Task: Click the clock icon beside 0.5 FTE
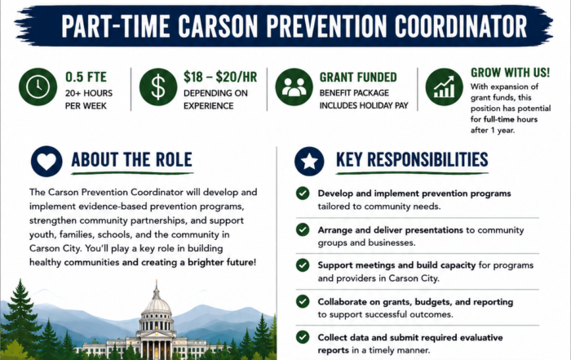pos(38,87)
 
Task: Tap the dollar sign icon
pos(158,87)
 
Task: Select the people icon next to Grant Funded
pos(294,87)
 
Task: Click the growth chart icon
pos(444,87)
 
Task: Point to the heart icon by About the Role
pos(46,161)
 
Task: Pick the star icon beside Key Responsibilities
pos(309,161)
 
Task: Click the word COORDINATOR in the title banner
pos(461,26)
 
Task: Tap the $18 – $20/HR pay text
pos(220,77)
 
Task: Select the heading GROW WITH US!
pos(510,73)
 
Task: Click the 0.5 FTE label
pos(86,77)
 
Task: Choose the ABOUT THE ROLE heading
pos(131,160)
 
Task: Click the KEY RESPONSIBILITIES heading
pos(412,160)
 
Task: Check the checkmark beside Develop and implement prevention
pos(303,193)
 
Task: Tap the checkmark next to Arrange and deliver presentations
pos(303,229)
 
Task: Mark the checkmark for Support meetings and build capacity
pos(303,265)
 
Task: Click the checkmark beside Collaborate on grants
pos(303,301)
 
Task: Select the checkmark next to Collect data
pos(303,337)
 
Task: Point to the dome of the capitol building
pos(157,304)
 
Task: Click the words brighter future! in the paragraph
pos(222,262)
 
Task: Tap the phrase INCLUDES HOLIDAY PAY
pos(364,105)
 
